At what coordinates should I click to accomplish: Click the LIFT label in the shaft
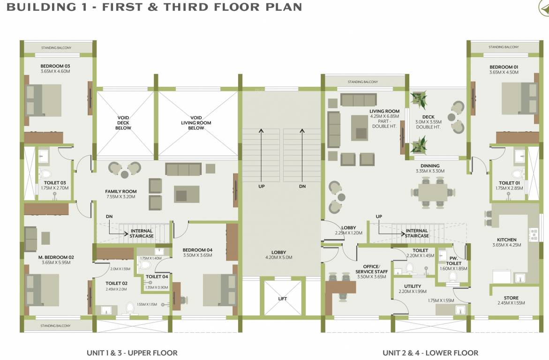pyautogui.click(x=282, y=299)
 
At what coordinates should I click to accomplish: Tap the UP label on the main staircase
pyautogui.click(x=262, y=186)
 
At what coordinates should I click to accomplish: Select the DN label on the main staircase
pyautogui.click(x=302, y=186)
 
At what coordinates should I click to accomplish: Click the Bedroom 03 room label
pyautogui.click(x=56, y=66)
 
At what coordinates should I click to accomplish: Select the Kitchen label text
pyautogui.click(x=507, y=240)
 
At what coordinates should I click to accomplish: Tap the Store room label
pyautogui.click(x=511, y=298)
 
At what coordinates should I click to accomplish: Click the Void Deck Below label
pyautogui.click(x=124, y=123)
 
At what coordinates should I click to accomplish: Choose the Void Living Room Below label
pyautogui.click(x=196, y=123)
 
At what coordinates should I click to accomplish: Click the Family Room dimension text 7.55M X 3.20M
pyautogui.click(x=120, y=197)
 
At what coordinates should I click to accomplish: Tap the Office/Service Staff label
pyautogui.click(x=371, y=269)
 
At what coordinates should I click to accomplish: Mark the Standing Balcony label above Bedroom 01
pyautogui.click(x=504, y=47)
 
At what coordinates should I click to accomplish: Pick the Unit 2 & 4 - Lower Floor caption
pyautogui.click(x=430, y=352)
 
